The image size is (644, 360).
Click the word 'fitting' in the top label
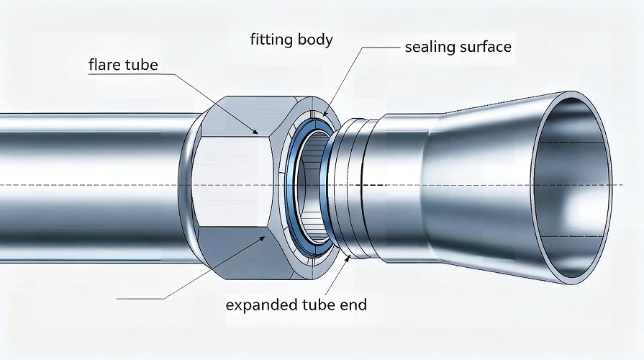tap(271, 39)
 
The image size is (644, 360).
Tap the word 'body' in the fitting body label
tap(315, 39)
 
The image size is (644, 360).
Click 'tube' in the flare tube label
tap(142, 66)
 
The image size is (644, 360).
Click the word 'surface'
tap(485, 48)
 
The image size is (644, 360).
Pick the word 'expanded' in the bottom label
tap(258, 305)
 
